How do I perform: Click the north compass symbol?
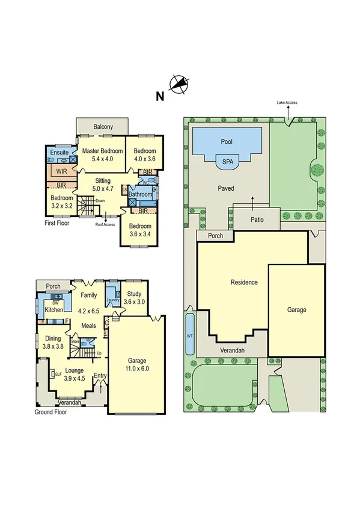point(178,85)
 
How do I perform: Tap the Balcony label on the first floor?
point(104,126)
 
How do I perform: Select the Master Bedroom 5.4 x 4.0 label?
point(102,155)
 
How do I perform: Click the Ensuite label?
point(59,153)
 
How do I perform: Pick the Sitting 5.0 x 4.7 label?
point(102,184)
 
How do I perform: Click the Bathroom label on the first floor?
point(139,194)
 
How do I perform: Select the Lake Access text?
point(287,103)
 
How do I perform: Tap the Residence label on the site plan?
point(245,282)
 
